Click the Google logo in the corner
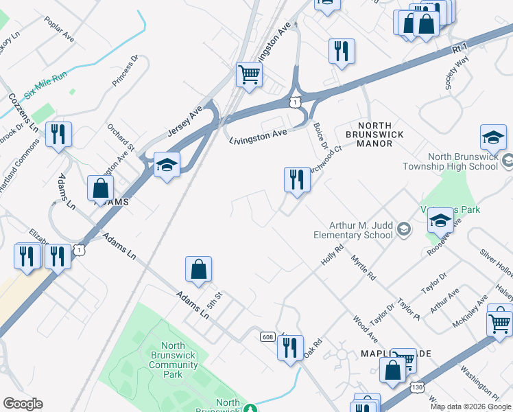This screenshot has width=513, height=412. click(23, 404)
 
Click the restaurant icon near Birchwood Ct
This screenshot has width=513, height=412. click(297, 180)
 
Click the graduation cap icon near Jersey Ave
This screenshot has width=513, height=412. click(167, 165)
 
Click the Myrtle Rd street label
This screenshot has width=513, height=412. click(363, 268)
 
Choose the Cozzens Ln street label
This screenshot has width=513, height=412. click(16, 106)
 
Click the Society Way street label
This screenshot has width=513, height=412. click(457, 73)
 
